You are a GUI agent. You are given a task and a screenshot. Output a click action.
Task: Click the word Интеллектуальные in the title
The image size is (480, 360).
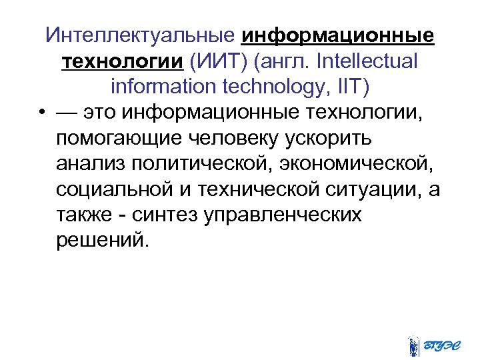141,34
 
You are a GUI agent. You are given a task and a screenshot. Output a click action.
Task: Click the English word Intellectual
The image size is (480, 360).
369,61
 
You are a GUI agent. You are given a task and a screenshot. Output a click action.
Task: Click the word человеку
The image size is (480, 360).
237,139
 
